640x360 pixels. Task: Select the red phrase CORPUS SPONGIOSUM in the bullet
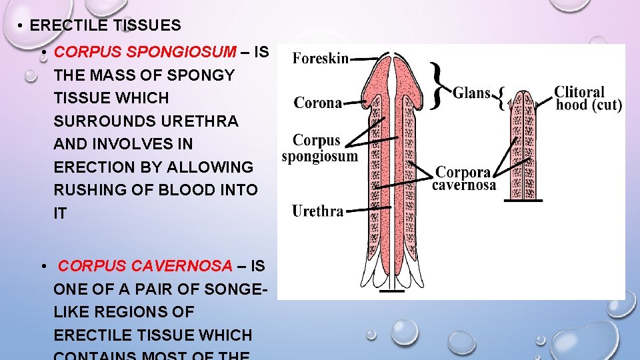pyautogui.click(x=145, y=52)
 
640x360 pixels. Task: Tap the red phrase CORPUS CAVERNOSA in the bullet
pyautogui.click(x=145, y=266)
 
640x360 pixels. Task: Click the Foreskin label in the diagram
pyautogui.click(x=321, y=59)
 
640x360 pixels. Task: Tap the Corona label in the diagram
pyautogui.click(x=318, y=103)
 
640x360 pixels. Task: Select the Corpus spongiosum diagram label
pyautogui.click(x=319, y=149)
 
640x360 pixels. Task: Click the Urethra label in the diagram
pyautogui.click(x=318, y=211)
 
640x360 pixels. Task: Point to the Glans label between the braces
pyautogui.click(x=472, y=93)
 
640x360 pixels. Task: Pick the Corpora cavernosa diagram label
pyautogui.click(x=463, y=178)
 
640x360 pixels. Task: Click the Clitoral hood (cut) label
pyautogui.click(x=588, y=98)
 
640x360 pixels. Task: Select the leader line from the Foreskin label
pyautogui.click(x=365, y=59)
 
